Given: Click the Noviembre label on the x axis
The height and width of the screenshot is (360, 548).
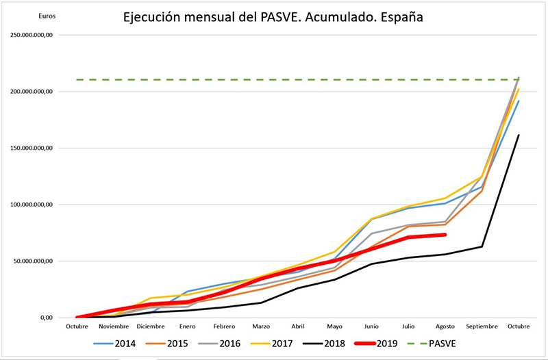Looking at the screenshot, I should [113, 327].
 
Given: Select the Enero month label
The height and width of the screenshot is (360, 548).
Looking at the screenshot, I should [187, 327].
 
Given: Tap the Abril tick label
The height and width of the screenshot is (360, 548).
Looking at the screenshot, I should [297, 327].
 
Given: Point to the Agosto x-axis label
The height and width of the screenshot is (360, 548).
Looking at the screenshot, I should [445, 327].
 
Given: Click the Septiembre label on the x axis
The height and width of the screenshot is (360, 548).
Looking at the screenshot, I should [482, 327].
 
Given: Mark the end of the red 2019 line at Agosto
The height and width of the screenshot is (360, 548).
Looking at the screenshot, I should [445, 235].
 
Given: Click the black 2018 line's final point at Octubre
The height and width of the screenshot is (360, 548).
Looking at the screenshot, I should [519, 135].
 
